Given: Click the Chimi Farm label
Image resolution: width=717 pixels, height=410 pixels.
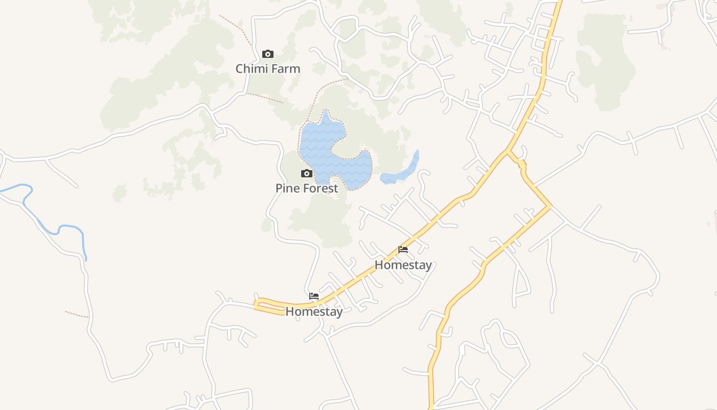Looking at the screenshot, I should (268, 69).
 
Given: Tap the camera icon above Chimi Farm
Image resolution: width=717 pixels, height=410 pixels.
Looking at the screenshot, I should (268, 54).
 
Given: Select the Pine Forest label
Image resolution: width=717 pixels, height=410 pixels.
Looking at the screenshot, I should (307, 188).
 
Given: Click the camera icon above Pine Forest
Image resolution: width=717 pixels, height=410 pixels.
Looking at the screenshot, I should (307, 174).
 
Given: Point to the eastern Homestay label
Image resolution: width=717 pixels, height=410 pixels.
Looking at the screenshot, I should (403, 265).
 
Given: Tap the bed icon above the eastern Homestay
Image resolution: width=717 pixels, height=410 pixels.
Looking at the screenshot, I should (403, 250).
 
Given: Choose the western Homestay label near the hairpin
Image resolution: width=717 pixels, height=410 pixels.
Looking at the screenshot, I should (314, 311).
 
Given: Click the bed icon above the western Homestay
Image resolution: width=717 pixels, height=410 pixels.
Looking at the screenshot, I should (314, 296).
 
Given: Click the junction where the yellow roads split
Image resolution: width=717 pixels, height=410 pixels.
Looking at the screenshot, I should (508, 151).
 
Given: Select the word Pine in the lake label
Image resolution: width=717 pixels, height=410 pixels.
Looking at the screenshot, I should (286, 188).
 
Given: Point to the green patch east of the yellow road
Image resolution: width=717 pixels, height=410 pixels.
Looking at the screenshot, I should (604, 61).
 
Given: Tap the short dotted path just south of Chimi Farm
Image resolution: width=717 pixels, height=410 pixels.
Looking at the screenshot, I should (265, 97).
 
